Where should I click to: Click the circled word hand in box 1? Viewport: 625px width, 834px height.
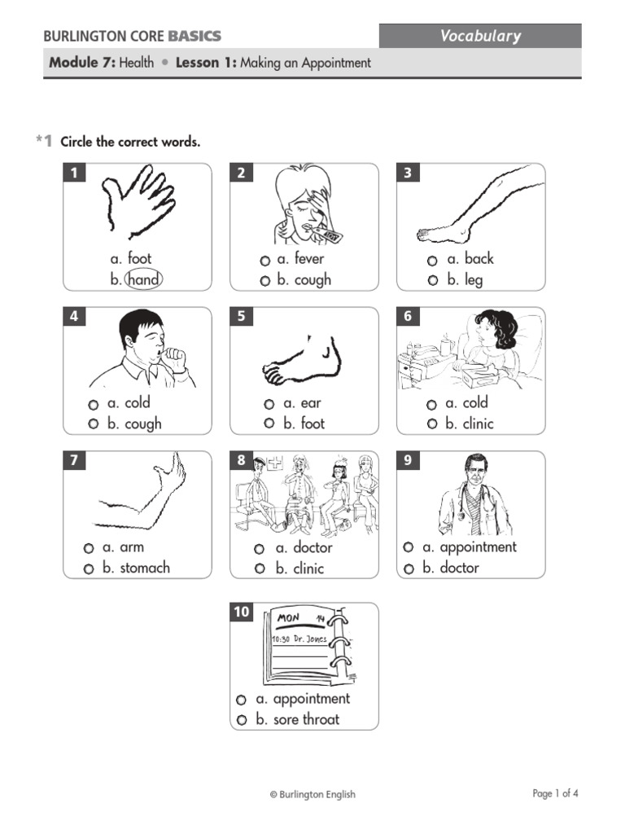pos(143,280)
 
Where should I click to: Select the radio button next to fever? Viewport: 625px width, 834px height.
pos(265,261)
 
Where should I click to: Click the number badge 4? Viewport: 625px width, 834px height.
pos(75,317)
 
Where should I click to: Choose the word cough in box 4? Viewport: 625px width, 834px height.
pos(142,424)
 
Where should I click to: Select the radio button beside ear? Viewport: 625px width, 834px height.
pos(269,404)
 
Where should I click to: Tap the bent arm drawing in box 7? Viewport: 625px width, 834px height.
pos(142,497)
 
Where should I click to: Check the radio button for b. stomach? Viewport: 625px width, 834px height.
pos(89,569)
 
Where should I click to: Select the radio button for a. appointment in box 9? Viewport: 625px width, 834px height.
pos(409,547)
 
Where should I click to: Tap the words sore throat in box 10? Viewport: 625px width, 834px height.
pos(306,719)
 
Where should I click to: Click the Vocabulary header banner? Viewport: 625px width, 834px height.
pos(480,36)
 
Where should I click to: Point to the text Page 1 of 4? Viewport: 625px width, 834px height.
pos(556,793)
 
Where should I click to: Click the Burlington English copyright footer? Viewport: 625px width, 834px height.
pos(312,795)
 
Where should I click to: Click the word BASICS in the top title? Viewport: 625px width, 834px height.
pos(194,37)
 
